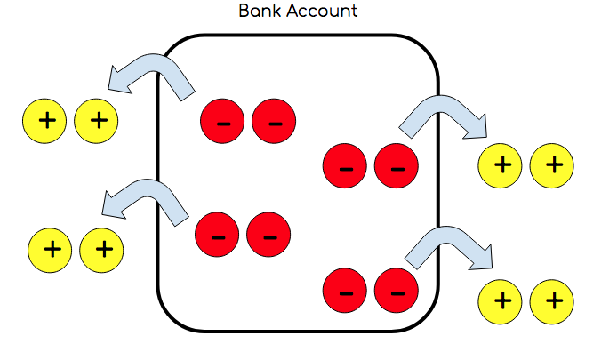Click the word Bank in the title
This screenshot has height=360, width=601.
coord(257,12)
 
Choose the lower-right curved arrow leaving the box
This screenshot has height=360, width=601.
coord(448,247)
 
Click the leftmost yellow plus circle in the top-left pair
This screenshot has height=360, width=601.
coord(45,120)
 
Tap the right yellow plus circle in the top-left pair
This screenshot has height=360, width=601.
coord(97,120)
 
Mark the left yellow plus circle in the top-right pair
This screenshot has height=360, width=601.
coord(501,164)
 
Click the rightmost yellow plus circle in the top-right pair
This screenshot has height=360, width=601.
coord(552,164)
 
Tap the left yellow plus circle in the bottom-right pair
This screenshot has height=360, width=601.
coord(501,300)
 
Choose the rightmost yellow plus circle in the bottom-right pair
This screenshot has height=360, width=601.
coord(552,300)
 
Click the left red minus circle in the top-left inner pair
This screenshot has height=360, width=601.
coord(224,122)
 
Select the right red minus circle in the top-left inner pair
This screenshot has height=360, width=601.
coord(275,122)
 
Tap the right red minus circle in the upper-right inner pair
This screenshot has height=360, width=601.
coord(397,166)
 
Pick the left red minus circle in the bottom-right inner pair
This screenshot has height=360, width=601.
coord(346,290)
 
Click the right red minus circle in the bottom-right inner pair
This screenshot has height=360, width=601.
coord(397,290)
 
